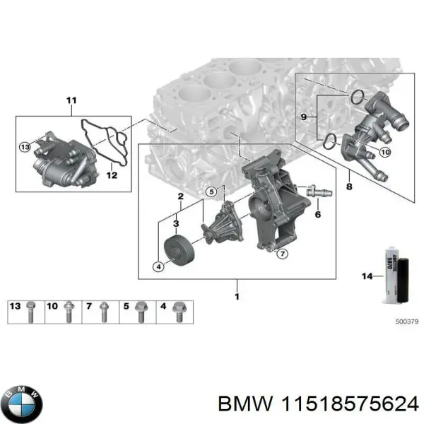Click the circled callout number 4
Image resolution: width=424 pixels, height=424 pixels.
point(159,266)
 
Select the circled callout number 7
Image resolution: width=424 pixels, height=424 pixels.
point(281,253)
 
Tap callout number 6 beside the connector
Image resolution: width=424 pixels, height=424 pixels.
point(318,213)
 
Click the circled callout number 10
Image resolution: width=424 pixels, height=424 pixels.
point(385,152)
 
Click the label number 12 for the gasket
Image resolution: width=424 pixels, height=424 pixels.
point(110,174)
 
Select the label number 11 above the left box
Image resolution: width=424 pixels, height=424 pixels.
point(70,100)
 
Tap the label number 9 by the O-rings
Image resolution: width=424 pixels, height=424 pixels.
point(304,117)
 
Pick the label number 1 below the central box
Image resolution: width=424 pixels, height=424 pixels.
point(237,296)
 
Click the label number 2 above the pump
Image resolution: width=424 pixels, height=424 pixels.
point(180,196)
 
